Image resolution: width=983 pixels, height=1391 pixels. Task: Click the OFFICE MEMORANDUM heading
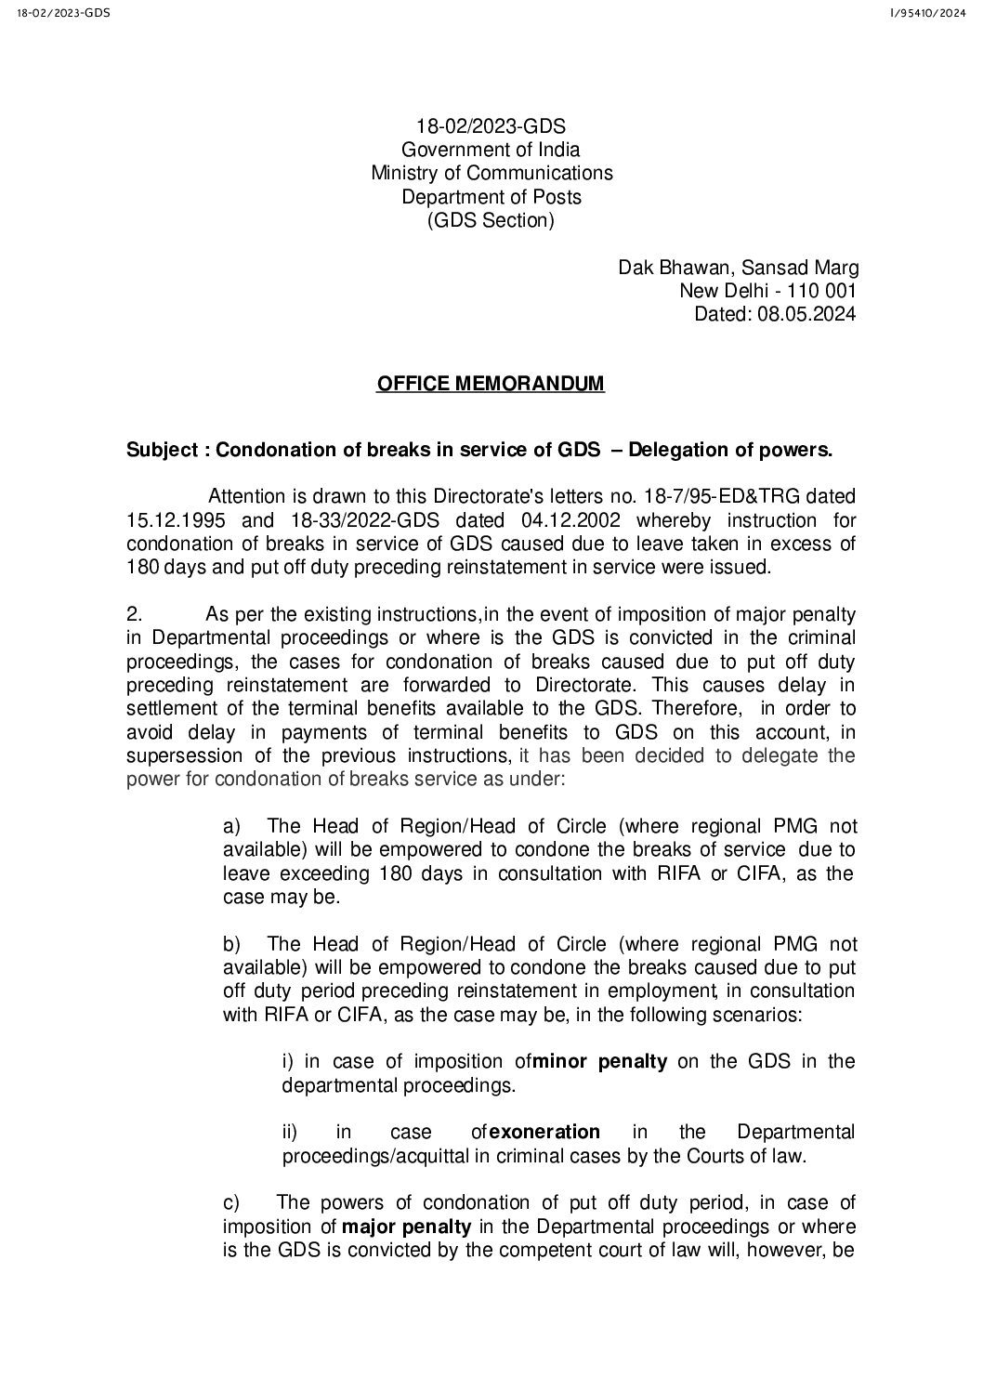tap(490, 384)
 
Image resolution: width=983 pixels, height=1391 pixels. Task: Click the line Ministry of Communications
tap(491, 173)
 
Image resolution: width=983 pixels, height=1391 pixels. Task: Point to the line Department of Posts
tap(491, 197)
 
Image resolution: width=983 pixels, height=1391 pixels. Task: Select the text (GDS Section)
tap(491, 221)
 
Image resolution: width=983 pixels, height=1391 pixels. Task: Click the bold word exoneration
tap(544, 1132)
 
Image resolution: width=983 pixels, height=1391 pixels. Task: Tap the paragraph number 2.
tap(133, 614)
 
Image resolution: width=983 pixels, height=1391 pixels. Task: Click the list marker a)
tap(232, 826)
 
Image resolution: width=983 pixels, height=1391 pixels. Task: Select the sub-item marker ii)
tap(291, 1132)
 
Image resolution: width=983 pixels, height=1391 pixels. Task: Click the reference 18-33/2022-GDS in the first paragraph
tap(366, 520)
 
